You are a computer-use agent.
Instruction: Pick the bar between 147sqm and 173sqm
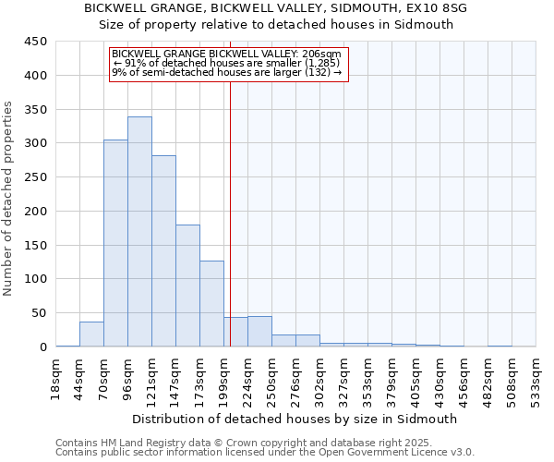[x=187, y=286]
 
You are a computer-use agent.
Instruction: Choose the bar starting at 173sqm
[x=211, y=304]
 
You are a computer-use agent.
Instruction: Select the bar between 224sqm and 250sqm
[x=259, y=332]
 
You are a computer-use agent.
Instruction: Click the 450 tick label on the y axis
[x=35, y=42]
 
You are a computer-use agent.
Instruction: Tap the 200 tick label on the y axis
[x=35, y=212]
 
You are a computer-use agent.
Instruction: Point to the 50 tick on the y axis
[x=39, y=313]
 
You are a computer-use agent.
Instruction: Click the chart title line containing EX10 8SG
[x=275, y=8]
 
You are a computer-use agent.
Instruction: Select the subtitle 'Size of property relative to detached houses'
[x=275, y=25]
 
